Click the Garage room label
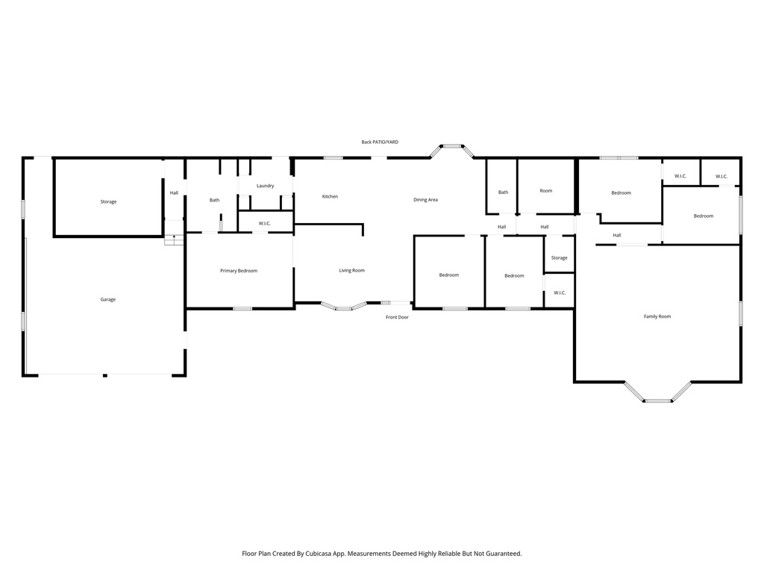tap(108, 299)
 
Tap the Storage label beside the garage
tap(108, 201)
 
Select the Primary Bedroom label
tap(239, 271)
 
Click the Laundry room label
tap(265, 186)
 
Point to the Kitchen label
tap(330, 196)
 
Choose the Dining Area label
tap(426, 200)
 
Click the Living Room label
tap(351, 270)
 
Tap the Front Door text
tap(397, 317)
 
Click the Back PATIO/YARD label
tap(380, 142)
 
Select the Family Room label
tap(657, 316)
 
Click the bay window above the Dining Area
tap(451, 148)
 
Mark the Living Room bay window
tap(344, 306)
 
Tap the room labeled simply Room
tap(546, 191)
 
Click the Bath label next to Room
tap(504, 192)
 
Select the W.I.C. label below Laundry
tap(265, 223)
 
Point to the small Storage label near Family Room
tap(559, 258)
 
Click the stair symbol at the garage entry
tap(174, 239)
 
